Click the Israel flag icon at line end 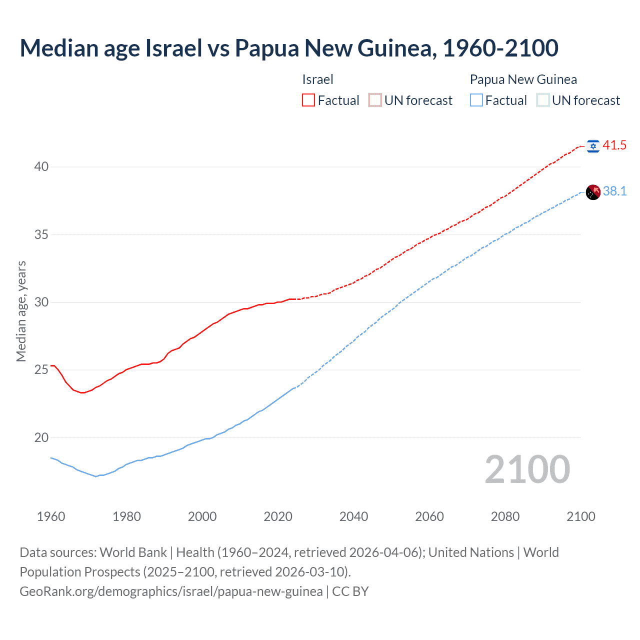593,146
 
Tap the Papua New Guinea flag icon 593,192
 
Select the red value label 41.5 614,145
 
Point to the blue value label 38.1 614,191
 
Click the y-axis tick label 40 41,166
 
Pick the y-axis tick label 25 41,369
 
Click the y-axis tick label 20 41,437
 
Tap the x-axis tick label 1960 51,516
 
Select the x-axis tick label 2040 353,516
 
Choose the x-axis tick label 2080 505,516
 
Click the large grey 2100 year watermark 527,469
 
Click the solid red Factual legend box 308,100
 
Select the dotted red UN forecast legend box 375,100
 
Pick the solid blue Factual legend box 476,100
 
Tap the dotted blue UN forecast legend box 543,100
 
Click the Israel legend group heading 317,79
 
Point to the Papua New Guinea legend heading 523,79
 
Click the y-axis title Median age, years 21,311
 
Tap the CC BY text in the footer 350,591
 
